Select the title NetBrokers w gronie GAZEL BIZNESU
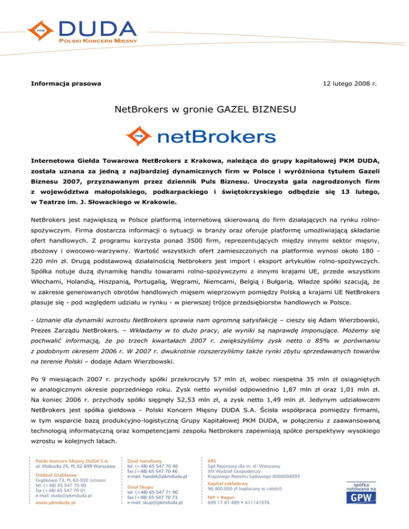coord(204,111)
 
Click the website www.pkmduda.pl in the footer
coord(55,501)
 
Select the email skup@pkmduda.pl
coord(155,501)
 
